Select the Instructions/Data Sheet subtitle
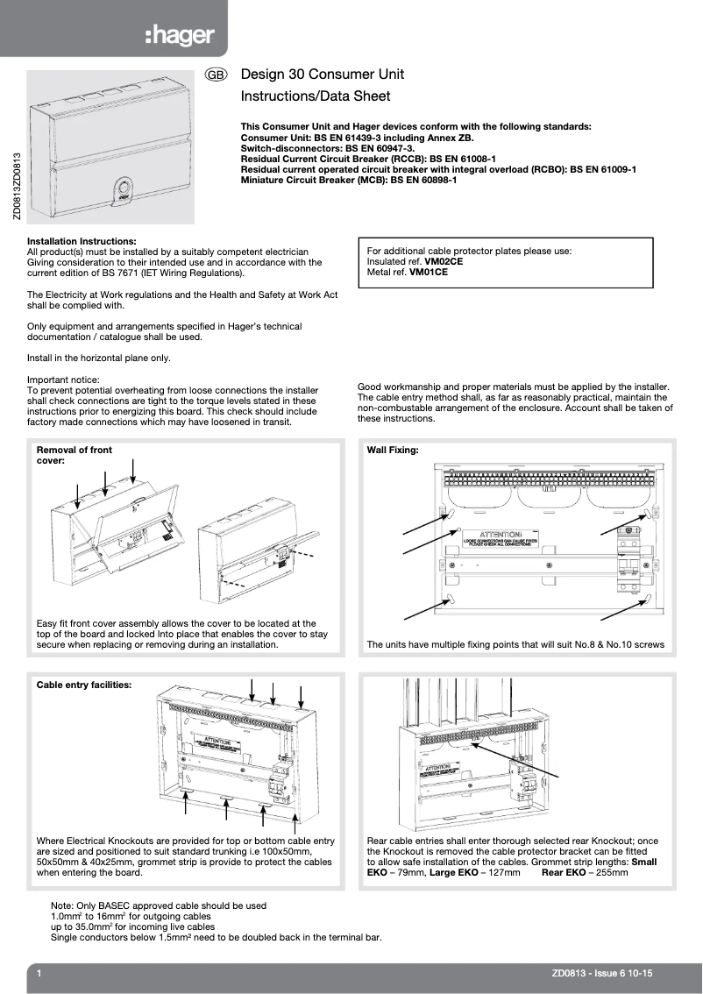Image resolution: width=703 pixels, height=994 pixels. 315,96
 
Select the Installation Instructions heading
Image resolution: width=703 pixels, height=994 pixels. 82,241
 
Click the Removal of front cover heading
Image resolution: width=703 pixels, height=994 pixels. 74,455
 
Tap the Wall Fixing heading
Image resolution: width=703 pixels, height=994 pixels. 392,450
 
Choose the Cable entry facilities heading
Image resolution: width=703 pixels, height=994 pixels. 84,685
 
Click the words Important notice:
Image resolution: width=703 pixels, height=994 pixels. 63,380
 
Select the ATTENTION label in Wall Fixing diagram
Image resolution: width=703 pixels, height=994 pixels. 500,535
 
